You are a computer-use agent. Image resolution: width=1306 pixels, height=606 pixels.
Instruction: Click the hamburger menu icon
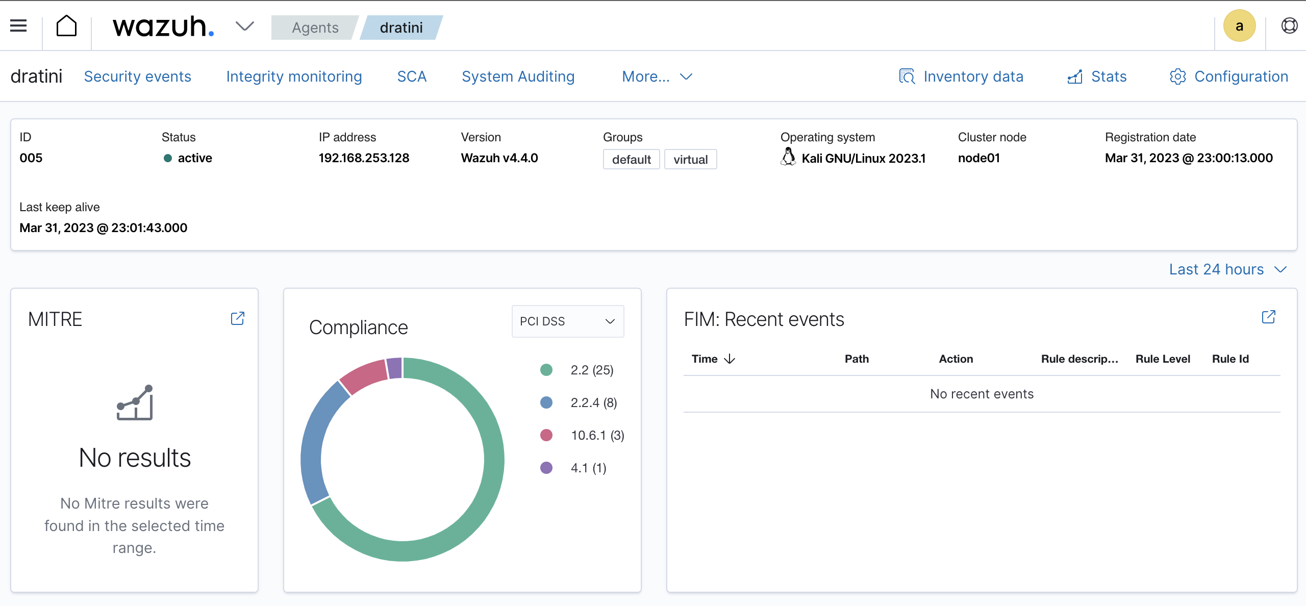click(x=18, y=26)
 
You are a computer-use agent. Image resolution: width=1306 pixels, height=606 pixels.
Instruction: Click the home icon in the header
click(x=66, y=26)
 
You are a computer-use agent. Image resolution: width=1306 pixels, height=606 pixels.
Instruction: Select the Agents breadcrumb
click(x=315, y=28)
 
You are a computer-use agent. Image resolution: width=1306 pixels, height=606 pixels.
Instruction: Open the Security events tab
click(x=137, y=77)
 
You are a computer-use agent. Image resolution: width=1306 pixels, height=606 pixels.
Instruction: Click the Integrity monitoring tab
click(x=294, y=77)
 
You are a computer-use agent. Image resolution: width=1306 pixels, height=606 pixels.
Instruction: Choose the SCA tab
click(x=412, y=77)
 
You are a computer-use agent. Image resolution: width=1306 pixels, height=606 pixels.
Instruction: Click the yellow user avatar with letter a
click(x=1239, y=26)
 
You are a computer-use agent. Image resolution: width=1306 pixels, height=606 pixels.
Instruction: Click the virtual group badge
click(x=690, y=160)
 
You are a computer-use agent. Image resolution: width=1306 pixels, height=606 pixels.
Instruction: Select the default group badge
click(x=631, y=160)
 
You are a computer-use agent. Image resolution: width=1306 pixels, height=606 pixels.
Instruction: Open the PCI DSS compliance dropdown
click(x=567, y=321)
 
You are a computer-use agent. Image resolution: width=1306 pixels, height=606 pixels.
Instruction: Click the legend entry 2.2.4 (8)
click(x=593, y=403)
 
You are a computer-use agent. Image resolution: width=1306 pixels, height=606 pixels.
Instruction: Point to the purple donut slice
click(x=394, y=368)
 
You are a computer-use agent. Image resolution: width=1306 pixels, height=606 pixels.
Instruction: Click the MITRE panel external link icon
click(x=238, y=319)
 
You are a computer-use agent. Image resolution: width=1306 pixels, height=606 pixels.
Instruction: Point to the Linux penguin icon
click(x=788, y=157)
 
